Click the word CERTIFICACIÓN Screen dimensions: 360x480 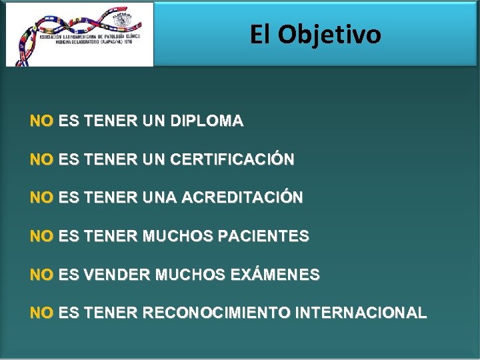click(x=232, y=160)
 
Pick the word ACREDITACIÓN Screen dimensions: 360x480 click(x=242, y=198)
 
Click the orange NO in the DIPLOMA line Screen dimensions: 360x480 click(x=41, y=122)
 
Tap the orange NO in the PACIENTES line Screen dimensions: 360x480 click(x=41, y=236)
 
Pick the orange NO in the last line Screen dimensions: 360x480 click(x=41, y=313)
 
